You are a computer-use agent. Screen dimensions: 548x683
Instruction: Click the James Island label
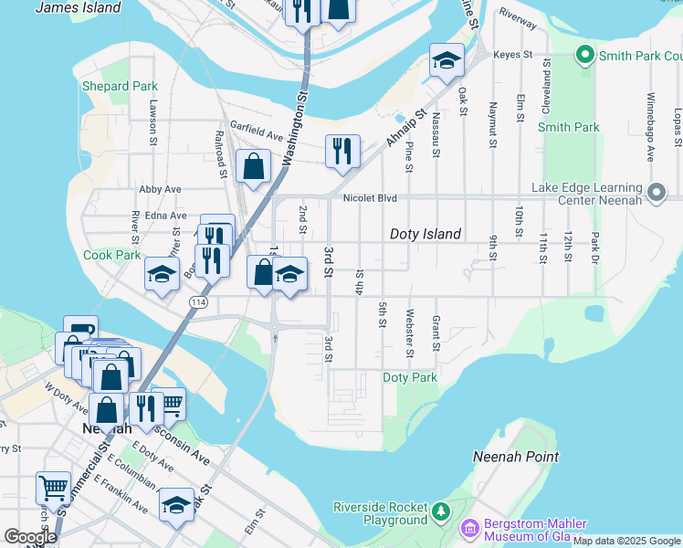78,7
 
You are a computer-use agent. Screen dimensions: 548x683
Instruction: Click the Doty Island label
425,234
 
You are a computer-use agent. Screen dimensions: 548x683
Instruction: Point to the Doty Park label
409,377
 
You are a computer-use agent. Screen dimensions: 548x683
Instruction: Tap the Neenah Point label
515,456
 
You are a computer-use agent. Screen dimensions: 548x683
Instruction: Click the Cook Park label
111,255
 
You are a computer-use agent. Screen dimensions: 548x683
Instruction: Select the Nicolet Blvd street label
370,197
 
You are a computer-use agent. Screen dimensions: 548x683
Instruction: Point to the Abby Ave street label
161,189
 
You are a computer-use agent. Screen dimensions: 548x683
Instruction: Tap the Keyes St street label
512,55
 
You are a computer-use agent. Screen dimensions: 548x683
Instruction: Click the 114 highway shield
197,301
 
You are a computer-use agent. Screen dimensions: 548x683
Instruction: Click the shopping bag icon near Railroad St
253,166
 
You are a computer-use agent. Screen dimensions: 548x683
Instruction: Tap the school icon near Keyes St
447,60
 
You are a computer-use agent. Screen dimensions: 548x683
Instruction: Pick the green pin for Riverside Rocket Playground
442,509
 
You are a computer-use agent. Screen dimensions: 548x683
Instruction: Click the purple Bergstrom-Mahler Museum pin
469,528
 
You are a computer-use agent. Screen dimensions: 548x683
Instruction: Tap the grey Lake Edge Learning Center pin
657,193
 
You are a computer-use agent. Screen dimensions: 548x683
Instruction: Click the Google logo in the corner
29,537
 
